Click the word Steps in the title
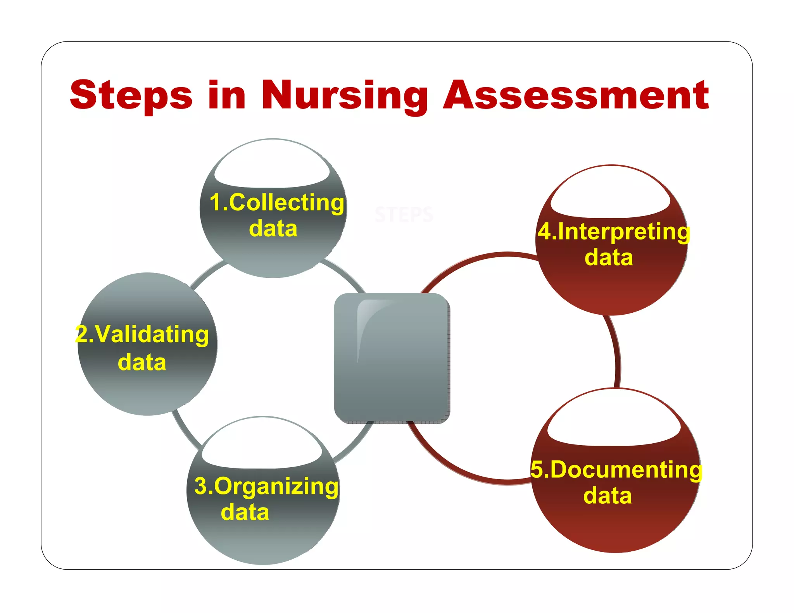[x=131, y=95]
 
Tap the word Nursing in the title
[x=344, y=95]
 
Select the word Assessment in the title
[x=576, y=95]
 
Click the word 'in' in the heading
[x=227, y=95]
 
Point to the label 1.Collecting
[x=276, y=203]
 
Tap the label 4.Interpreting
[x=614, y=232]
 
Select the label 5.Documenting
[x=616, y=470]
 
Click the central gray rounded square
[x=392, y=358]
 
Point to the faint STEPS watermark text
[x=404, y=215]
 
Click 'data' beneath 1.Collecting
[x=273, y=229]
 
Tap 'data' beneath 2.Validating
[x=142, y=362]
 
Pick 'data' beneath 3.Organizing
[x=245, y=512]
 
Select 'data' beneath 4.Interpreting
[x=609, y=258]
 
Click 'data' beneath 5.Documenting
[x=608, y=496]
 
